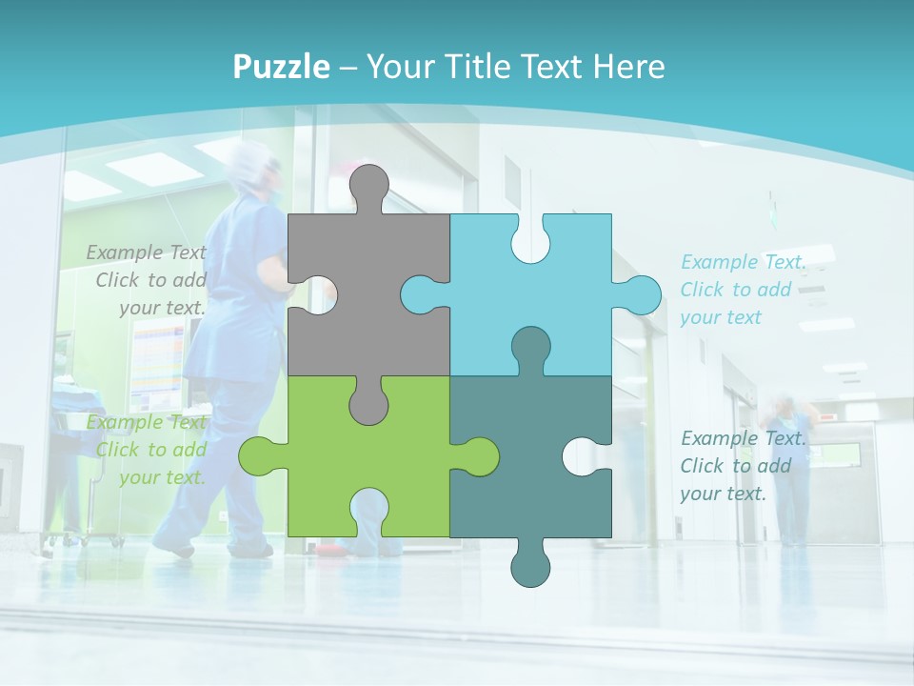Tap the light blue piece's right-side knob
(638, 294)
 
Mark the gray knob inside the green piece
(368, 400)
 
